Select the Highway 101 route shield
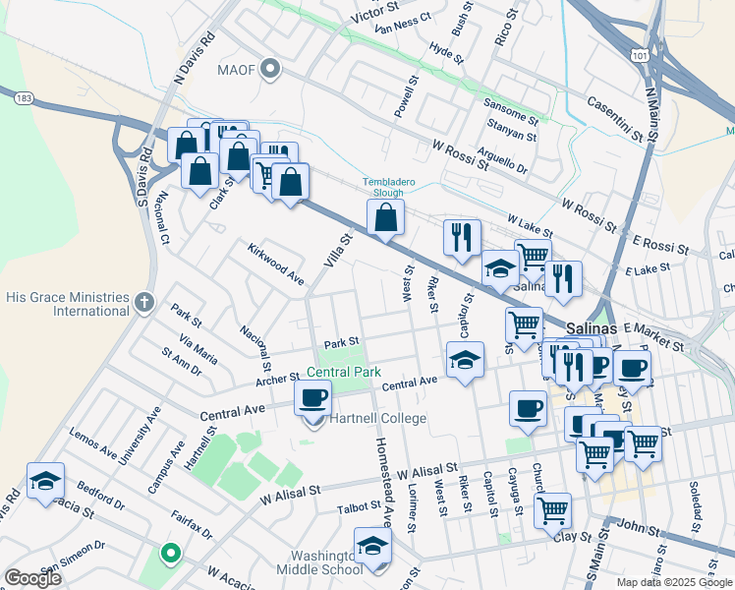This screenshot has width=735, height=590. (640, 57)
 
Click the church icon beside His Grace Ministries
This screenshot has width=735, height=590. (144, 303)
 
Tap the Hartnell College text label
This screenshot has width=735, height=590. (379, 419)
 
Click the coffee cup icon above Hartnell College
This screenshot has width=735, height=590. (313, 398)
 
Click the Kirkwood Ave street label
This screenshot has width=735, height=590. (275, 264)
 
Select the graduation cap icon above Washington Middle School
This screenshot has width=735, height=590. (372, 545)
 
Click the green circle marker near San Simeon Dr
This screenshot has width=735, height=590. (170, 555)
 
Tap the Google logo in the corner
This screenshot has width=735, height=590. (33, 578)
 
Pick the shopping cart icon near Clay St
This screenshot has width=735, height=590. (553, 509)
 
